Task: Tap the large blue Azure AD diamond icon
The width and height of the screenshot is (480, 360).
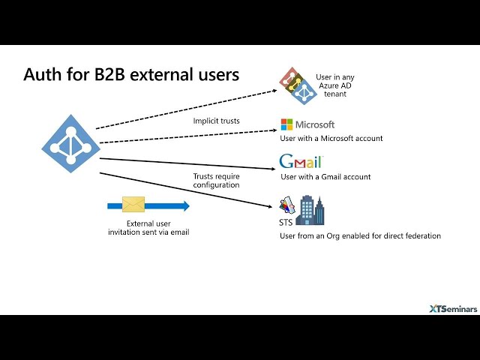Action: point(70,143)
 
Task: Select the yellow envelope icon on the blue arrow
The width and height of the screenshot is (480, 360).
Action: point(133,205)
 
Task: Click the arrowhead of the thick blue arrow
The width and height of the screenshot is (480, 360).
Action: point(184,205)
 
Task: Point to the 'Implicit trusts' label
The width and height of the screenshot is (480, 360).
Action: point(217,121)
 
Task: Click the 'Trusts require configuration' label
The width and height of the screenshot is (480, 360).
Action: point(217,181)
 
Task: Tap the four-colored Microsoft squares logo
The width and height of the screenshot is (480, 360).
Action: point(286,124)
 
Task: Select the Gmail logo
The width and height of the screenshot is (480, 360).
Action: point(301,161)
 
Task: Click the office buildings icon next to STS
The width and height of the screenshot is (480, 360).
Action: point(310,211)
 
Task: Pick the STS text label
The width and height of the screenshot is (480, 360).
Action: point(286,222)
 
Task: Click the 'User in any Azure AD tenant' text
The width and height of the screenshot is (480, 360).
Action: point(335,85)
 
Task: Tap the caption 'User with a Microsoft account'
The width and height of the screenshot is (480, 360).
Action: point(331,138)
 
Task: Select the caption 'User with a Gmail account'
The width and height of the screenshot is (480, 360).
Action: point(325,177)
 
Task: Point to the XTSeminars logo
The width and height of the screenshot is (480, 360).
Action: point(453,309)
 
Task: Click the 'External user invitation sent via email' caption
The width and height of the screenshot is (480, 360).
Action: point(148,228)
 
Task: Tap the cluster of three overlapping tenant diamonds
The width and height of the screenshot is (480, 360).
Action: point(298,86)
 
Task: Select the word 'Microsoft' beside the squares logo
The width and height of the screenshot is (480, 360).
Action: point(315,124)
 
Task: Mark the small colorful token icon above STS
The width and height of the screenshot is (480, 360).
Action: point(287,205)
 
